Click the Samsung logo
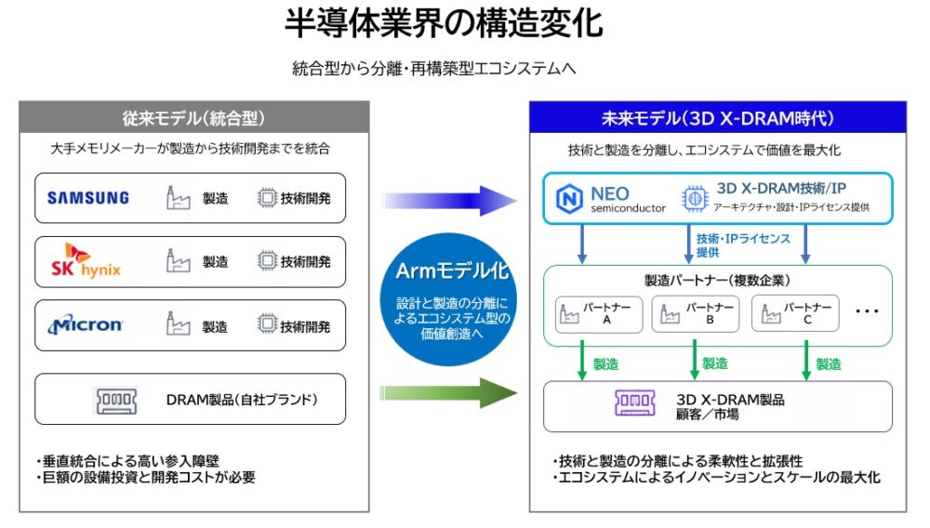point(88,197)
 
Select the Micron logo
point(86,325)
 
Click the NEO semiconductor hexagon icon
point(568,199)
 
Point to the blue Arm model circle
point(452,298)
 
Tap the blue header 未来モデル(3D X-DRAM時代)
point(716,118)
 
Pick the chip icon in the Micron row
point(267,325)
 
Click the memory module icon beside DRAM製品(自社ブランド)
point(118,401)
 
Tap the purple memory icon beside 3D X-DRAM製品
point(634,403)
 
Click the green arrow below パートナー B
point(694,360)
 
